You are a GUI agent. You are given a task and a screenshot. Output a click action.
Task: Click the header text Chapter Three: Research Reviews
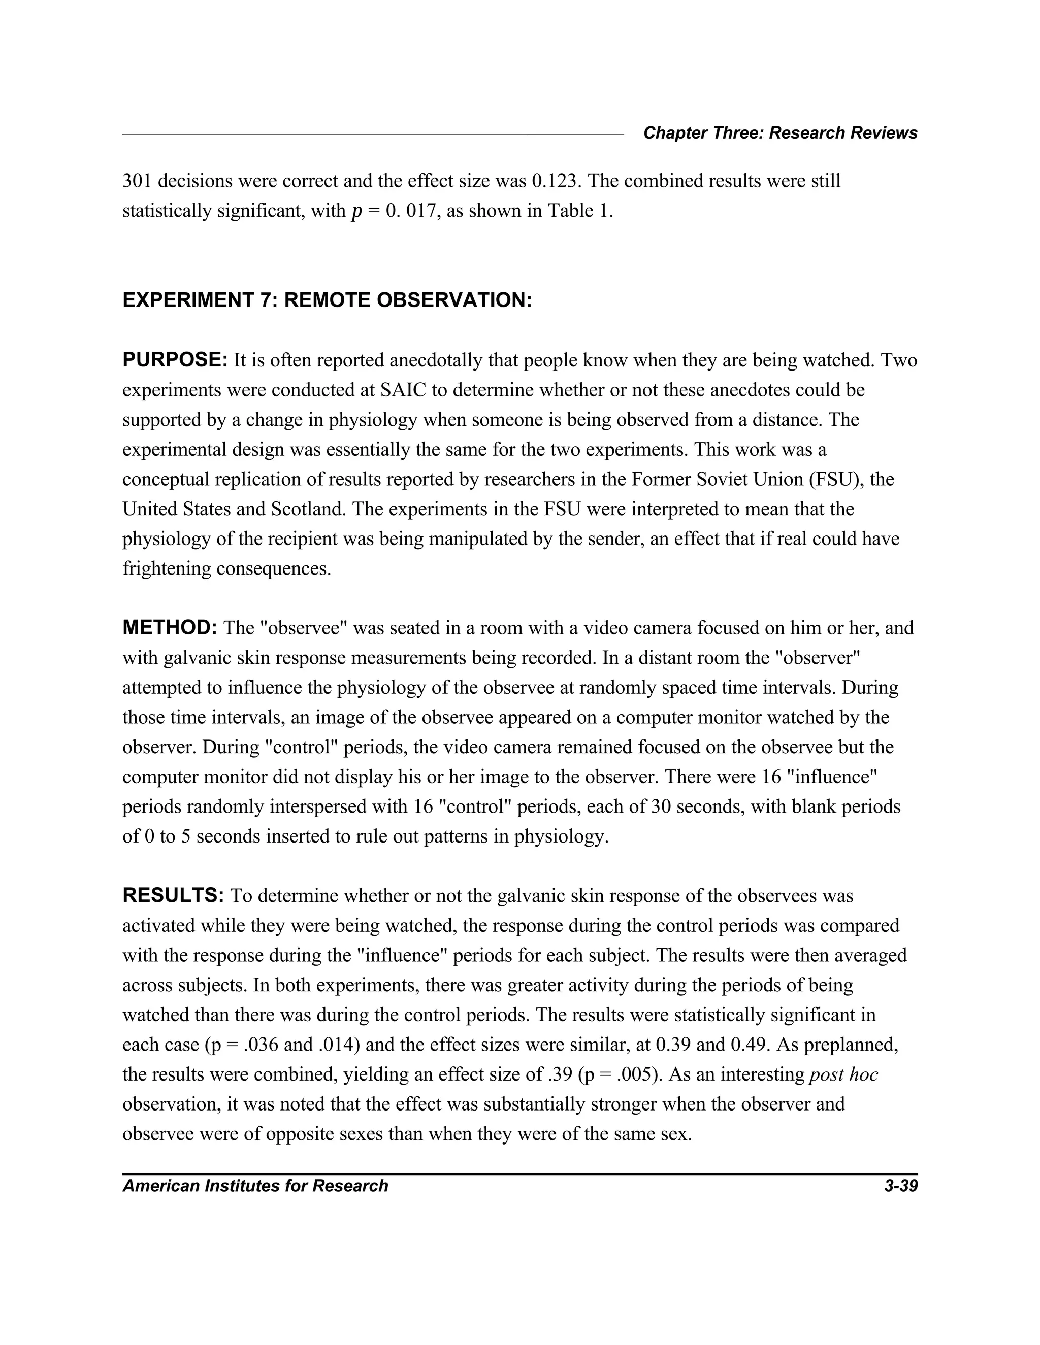[780, 133]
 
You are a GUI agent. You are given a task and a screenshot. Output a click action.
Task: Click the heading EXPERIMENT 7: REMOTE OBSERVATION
[327, 300]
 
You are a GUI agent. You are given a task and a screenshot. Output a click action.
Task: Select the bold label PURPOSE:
[176, 360]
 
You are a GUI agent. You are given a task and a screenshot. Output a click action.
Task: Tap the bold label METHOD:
[170, 628]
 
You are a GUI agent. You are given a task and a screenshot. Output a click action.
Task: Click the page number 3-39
[901, 1186]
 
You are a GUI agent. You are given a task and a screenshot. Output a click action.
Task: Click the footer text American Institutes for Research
[255, 1186]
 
